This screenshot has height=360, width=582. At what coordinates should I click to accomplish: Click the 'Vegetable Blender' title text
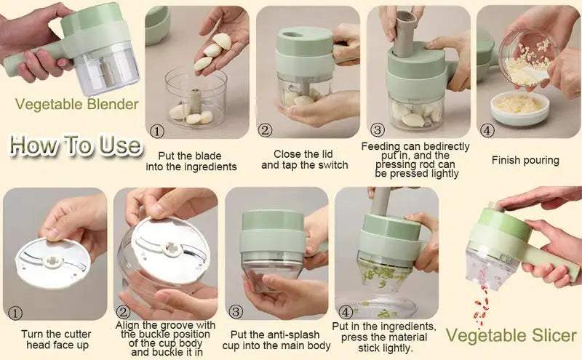point(76,104)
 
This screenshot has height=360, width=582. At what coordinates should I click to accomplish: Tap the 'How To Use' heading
point(76,144)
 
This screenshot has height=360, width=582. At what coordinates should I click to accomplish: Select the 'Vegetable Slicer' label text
point(511,335)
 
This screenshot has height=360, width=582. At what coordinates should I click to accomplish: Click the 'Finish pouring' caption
point(525,160)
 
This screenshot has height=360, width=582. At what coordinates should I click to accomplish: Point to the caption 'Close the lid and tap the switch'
point(304,159)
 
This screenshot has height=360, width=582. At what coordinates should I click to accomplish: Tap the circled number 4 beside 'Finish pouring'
point(487,131)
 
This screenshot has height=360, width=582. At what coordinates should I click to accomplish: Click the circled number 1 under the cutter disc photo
point(16,313)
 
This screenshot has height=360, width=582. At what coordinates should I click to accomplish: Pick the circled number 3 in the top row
point(377,130)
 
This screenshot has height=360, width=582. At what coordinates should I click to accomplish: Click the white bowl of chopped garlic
point(518,105)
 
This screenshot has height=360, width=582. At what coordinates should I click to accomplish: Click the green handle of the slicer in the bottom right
point(550,255)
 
